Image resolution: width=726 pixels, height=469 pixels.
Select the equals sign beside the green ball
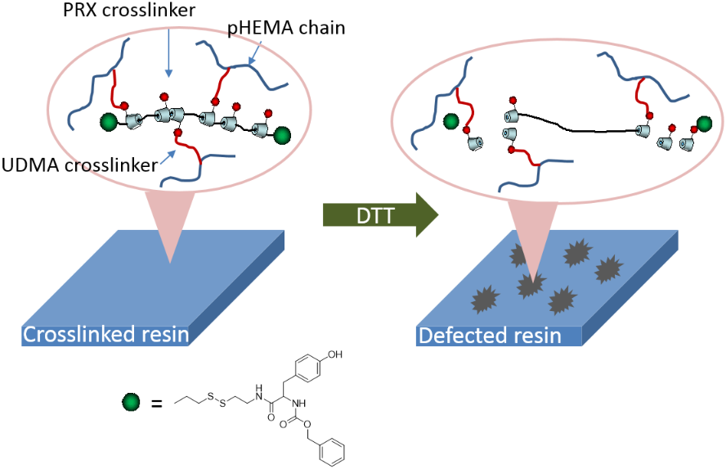click(x=156, y=403)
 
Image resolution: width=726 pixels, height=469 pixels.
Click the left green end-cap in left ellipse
click(x=107, y=124)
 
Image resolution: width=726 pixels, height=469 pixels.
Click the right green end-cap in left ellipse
click(x=282, y=134)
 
